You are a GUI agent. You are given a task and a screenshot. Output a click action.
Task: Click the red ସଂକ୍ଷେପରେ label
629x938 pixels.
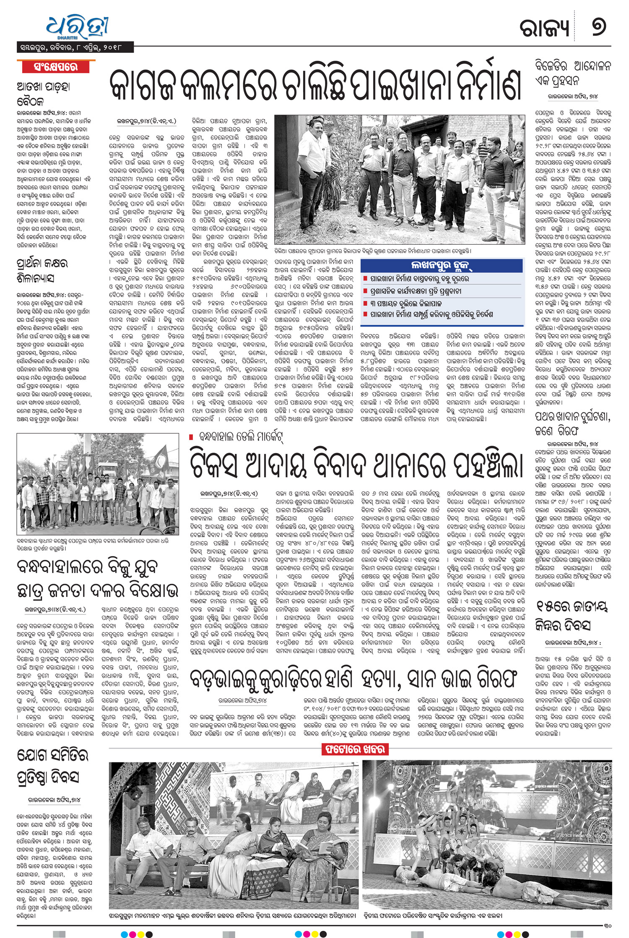tap(56, 67)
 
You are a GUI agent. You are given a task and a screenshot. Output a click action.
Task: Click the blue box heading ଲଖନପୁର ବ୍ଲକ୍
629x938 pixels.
tap(442, 266)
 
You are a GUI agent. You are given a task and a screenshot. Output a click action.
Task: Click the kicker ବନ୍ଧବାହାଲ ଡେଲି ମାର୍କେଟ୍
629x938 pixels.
tap(239, 438)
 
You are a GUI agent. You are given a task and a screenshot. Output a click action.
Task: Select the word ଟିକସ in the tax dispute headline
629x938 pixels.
tap(213, 465)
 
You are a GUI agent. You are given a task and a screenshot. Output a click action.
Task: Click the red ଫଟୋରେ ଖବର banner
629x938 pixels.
tap(354, 749)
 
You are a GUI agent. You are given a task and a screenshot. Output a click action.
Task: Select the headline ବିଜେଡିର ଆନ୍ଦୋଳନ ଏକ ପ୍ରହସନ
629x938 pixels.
tap(573, 73)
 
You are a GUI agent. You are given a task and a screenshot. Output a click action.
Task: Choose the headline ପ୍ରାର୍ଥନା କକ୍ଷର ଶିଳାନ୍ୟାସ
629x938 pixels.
tap(42, 271)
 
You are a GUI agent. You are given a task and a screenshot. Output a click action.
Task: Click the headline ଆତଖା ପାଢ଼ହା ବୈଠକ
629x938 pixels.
tap(43, 93)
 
